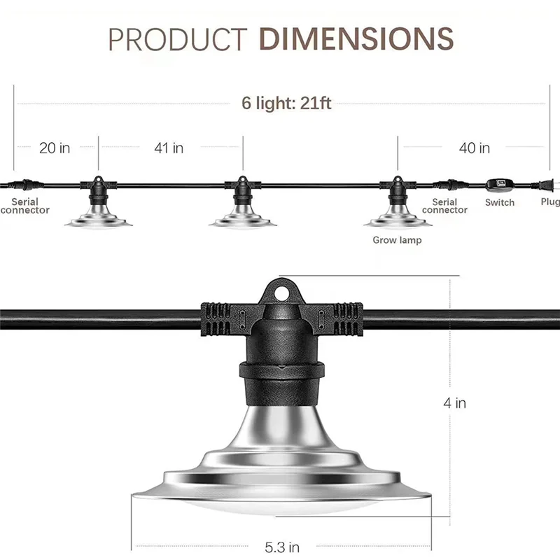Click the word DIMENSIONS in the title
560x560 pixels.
click(x=357, y=39)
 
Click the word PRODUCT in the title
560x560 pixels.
click(x=177, y=40)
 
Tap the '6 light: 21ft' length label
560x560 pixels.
click(x=287, y=103)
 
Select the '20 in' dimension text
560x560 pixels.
click(x=55, y=148)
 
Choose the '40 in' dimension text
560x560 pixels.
click(x=474, y=148)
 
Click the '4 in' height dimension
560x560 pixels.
click(x=455, y=403)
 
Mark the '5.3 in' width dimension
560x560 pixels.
click(x=283, y=547)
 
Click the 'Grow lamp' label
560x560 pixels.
click(x=397, y=240)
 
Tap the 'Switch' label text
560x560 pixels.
click(x=500, y=202)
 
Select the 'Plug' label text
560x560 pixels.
click(x=550, y=202)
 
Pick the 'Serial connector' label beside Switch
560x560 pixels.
click(x=444, y=206)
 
